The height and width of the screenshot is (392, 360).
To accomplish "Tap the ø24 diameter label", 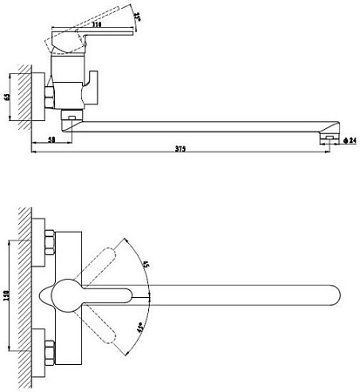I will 348,139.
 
